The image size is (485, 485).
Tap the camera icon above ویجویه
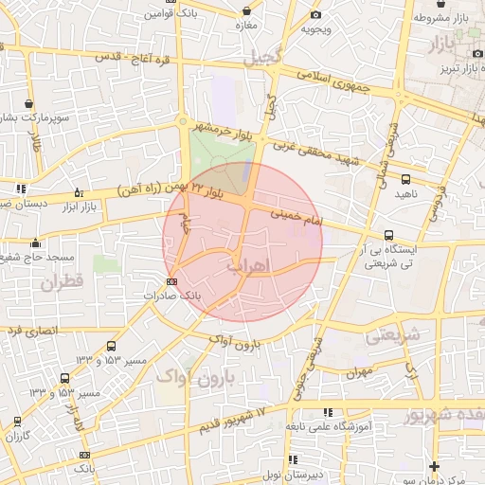pos(315,14)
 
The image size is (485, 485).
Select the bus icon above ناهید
pos(405,178)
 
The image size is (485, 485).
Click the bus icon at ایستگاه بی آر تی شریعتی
pos(388,235)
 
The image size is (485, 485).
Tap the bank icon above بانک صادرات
pos(171,281)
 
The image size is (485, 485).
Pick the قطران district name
pos(63,281)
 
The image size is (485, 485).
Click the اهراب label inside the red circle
pos(249,264)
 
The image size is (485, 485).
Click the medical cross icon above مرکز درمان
pos(434,466)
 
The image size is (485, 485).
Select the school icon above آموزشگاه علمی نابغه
pos(328,412)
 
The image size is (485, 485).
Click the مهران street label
pos(360,372)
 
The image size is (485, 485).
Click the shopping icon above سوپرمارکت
pos(31,103)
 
